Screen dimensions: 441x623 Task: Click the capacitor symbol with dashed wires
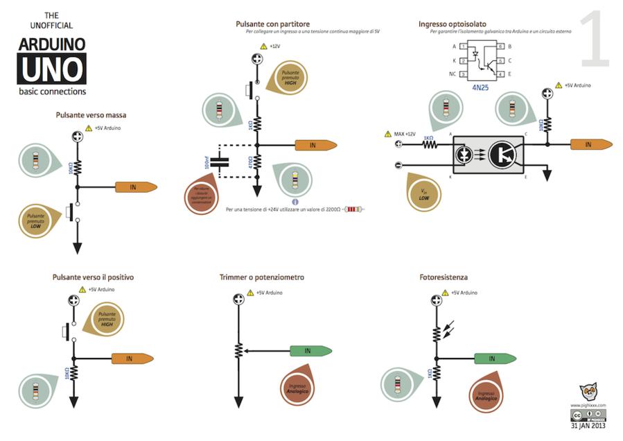point(222,163)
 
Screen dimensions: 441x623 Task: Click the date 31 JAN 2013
point(588,426)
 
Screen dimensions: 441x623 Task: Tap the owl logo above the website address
point(588,392)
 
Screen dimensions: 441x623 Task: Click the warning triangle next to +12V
point(263,46)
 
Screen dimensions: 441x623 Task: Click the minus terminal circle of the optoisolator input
point(398,165)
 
